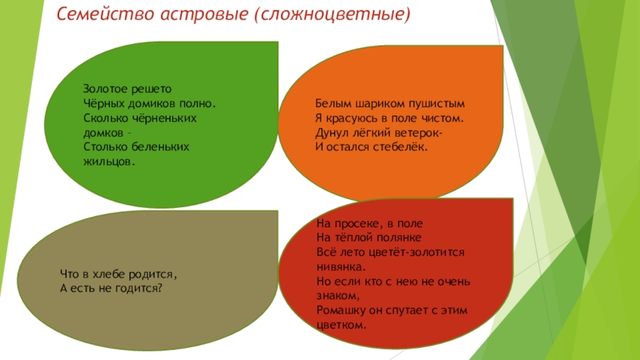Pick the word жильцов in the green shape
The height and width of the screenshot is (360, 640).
pyautogui.click(x=108, y=162)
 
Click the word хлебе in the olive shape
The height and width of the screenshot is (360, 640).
pyautogui.click(x=109, y=274)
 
